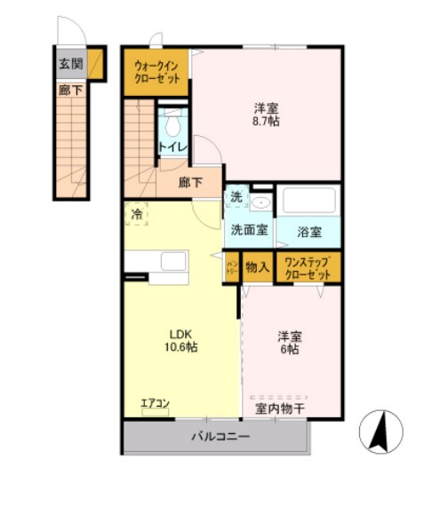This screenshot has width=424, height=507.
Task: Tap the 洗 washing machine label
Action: coord(236,196)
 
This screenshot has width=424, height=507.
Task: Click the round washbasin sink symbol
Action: coord(260,203)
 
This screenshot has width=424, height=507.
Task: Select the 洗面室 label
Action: coord(250,229)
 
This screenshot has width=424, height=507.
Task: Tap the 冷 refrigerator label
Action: coord(136,213)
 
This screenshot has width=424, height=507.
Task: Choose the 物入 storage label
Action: coord(258,267)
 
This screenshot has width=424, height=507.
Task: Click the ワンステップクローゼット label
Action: coord(308,267)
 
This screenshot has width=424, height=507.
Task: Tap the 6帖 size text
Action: coord(288,350)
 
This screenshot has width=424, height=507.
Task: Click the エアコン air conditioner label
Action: coord(155,404)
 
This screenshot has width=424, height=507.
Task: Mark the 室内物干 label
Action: coord(280,409)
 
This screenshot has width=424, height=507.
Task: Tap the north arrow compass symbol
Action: coord(380,432)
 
